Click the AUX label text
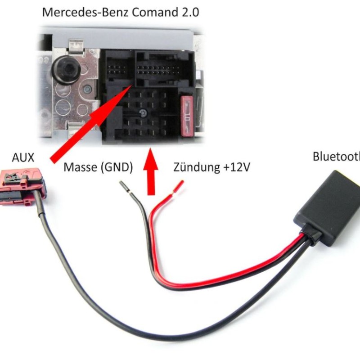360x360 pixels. (x=22, y=158)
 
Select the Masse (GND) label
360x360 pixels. (x=99, y=168)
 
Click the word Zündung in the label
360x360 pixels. (x=196, y=168)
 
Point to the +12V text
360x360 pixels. (x=235, y=168)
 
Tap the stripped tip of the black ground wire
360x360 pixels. (x=124, y=187)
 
